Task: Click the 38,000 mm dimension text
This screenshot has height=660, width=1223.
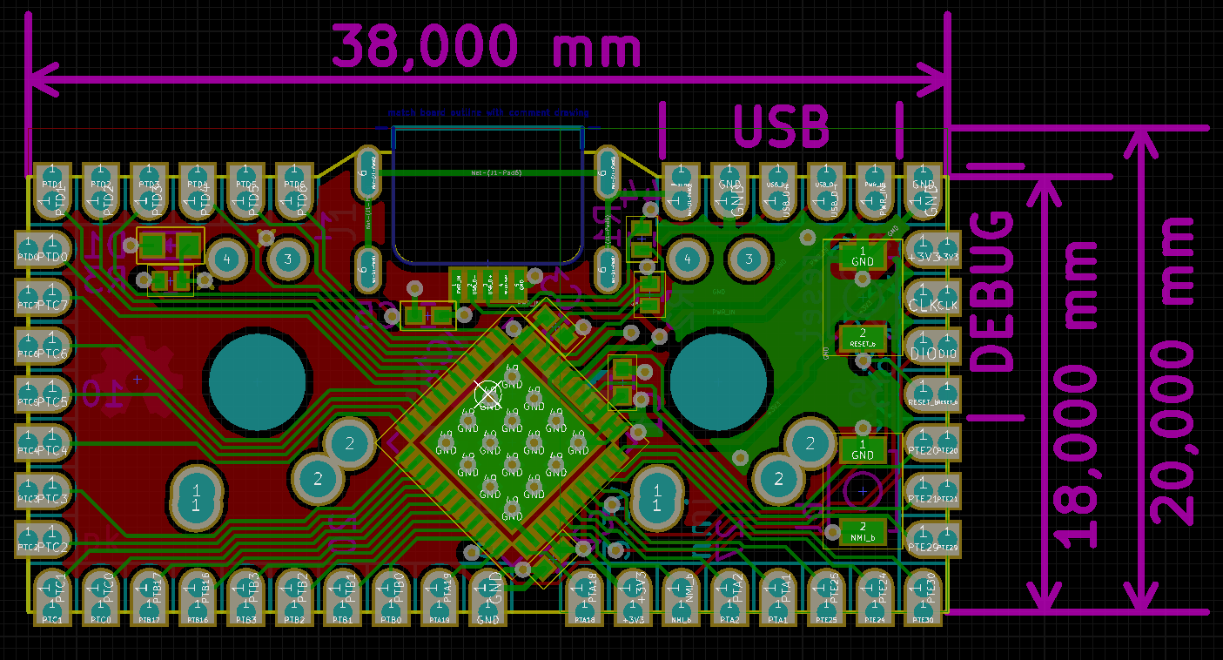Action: pos(486,46)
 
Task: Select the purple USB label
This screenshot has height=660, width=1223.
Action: pos(781,127)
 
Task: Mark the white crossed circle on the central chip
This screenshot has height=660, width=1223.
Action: pos(488,394)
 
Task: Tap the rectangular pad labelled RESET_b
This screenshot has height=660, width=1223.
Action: pos(863,338)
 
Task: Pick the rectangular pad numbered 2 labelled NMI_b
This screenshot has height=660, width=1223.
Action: pos(863,531)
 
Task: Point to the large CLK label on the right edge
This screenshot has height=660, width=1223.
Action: pos(923,306)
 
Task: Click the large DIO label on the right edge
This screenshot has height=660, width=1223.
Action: pos(923,354)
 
